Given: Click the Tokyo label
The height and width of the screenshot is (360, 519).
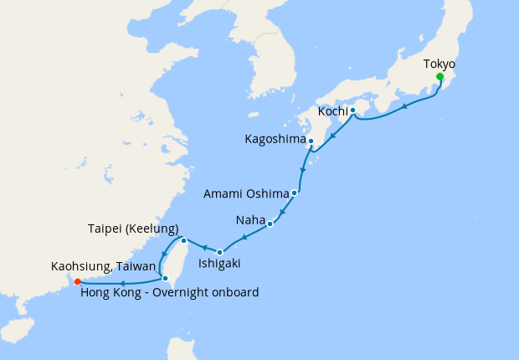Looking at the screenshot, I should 439,64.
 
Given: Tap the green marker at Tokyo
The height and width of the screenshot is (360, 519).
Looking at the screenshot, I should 439,77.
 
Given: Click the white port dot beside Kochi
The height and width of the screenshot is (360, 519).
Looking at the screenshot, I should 353,110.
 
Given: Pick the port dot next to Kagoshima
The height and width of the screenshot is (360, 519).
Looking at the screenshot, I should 311,141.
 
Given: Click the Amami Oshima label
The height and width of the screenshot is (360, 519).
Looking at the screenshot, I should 246,194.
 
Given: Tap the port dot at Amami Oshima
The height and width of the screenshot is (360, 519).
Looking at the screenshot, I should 295,193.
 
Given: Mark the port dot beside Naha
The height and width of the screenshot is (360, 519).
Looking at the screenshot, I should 270,224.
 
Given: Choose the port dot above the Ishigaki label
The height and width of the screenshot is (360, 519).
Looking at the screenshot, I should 219,252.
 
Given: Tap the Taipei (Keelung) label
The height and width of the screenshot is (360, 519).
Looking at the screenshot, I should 133,228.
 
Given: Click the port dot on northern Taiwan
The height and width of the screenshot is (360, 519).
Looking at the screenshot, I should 183,241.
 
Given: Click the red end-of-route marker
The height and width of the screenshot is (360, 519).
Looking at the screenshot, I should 77,281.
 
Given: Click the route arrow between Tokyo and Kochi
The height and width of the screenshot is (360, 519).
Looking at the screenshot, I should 406,106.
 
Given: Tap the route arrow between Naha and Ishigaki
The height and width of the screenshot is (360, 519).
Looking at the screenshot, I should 244,238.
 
